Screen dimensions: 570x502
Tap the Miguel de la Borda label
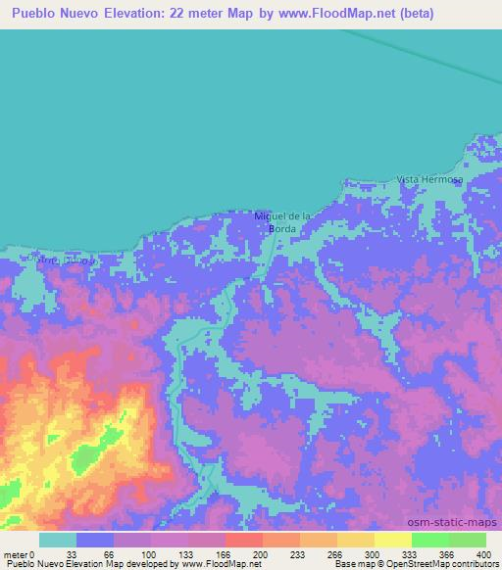(x=281, y=221)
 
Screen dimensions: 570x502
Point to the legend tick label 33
(x=71, y=555)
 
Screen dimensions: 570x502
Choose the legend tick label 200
(x=258, y=555)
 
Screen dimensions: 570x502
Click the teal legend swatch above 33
(x=58, y=540)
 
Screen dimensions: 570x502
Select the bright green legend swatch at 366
(x=429, y=540)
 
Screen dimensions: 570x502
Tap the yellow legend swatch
(x=355, y=540)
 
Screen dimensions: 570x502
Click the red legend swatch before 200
(x=243, y=540)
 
